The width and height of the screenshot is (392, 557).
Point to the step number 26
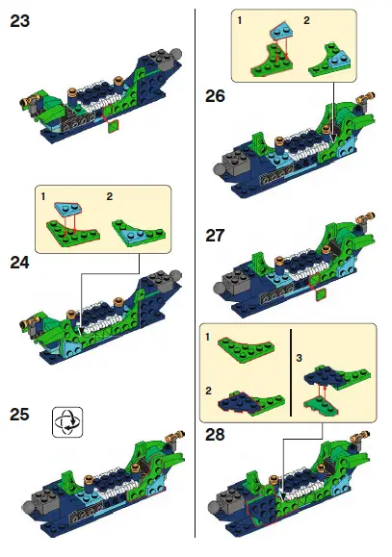coord(217,95)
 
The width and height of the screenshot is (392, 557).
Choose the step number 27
coord(217,236)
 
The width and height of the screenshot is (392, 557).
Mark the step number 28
coord(217,435)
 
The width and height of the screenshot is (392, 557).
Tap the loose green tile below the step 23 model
coord(114,125)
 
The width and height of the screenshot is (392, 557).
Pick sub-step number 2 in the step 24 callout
coord(109,196)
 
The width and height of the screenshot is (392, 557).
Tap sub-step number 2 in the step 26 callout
coord(307,19)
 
